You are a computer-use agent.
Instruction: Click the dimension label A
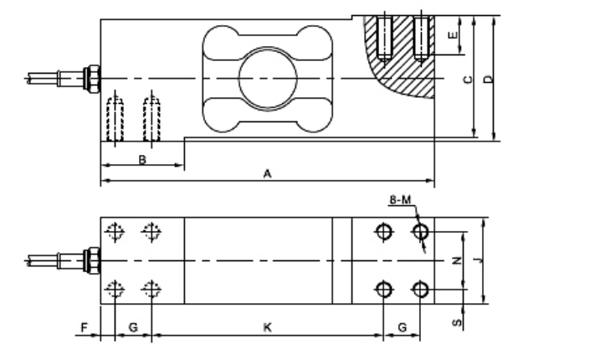267,173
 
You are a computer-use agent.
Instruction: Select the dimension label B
142,158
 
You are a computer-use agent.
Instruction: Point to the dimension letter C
468,80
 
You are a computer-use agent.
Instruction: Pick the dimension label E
453,37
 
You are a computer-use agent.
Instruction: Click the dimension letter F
84,327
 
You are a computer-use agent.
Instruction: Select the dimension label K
267,327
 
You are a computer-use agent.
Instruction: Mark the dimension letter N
457,261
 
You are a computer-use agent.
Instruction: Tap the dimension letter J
476,261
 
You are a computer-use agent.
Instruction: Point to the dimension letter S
457,321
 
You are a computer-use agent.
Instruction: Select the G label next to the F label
133,327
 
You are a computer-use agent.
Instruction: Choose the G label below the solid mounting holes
402,327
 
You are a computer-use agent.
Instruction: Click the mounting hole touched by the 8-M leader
421,231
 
